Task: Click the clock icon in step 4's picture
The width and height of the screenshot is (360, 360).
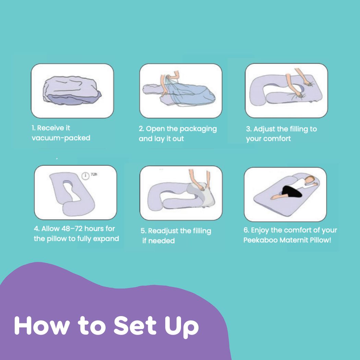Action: [x=85, y=176]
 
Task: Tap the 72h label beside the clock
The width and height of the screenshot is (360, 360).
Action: [x=94, y=174]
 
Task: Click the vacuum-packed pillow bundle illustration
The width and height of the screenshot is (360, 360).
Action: [x=72, y=91]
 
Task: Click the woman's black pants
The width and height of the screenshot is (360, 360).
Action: [x=291, y=191]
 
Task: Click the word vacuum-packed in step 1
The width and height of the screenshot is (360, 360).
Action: [x=61, y=138]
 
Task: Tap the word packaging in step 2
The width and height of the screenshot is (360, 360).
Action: [x=198, y=129]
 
